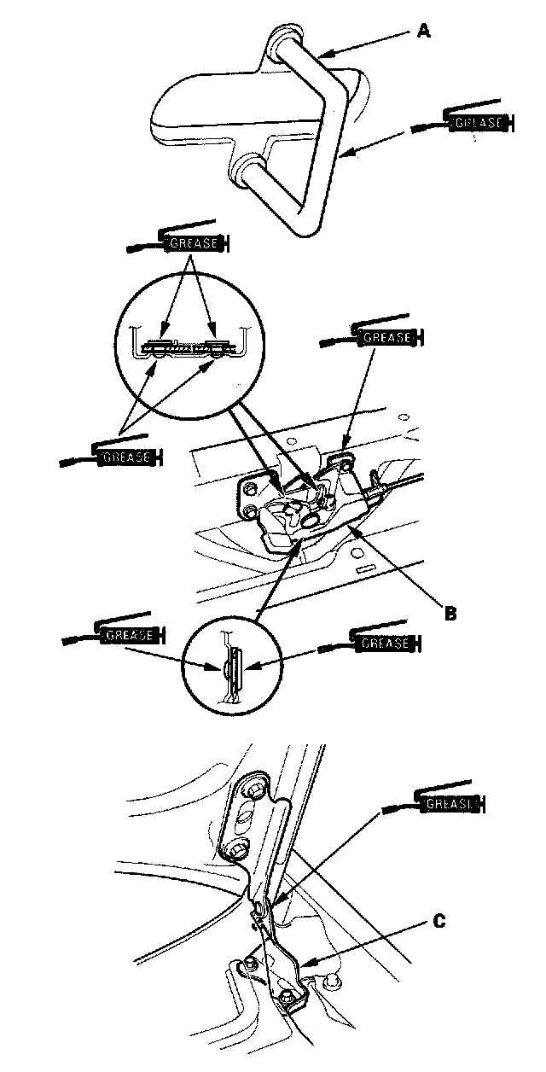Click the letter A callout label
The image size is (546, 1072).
(x=424, y=31)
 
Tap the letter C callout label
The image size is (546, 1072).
(x=438, y=920)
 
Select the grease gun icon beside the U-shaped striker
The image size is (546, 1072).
(x=466, y=124)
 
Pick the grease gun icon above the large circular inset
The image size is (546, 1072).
(x=183, y=242)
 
